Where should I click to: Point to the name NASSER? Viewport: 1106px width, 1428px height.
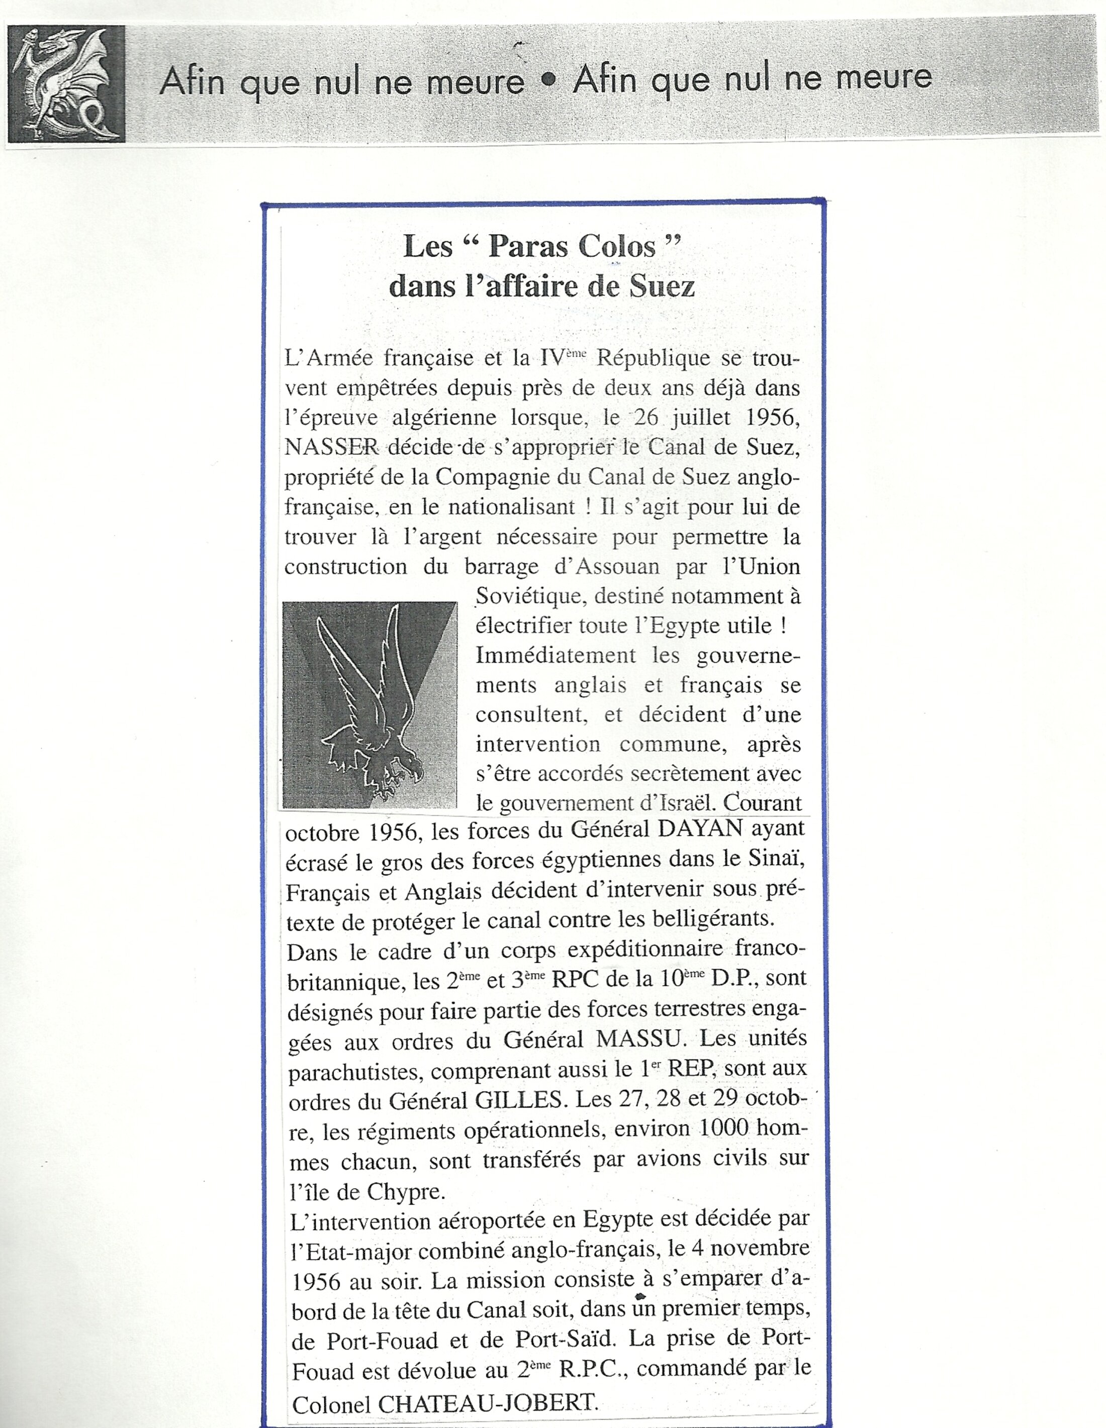[x=332, y=447]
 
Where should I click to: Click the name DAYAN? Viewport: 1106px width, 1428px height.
[x=700, y=830]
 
